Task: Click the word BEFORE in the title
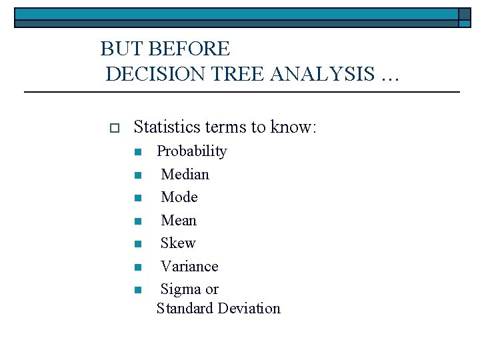(x=189, y=49)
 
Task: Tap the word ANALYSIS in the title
(x=323, y=74)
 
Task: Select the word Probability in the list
(x=191, y=151)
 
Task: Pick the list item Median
(x=185, y=175)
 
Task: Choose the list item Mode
(x=179, y=197)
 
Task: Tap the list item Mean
(x=179, y=221)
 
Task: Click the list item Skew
(x=178, y=243)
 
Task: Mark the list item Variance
(x=189, y=267)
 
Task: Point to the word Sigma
(x=181, y=289)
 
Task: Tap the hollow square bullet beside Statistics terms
(x=113, y=127)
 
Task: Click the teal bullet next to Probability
(x=137, y=153)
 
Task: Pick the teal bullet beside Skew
(x=137, y=245)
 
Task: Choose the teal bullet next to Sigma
(x=137, y=290)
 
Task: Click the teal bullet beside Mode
(x=137, y=199)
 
